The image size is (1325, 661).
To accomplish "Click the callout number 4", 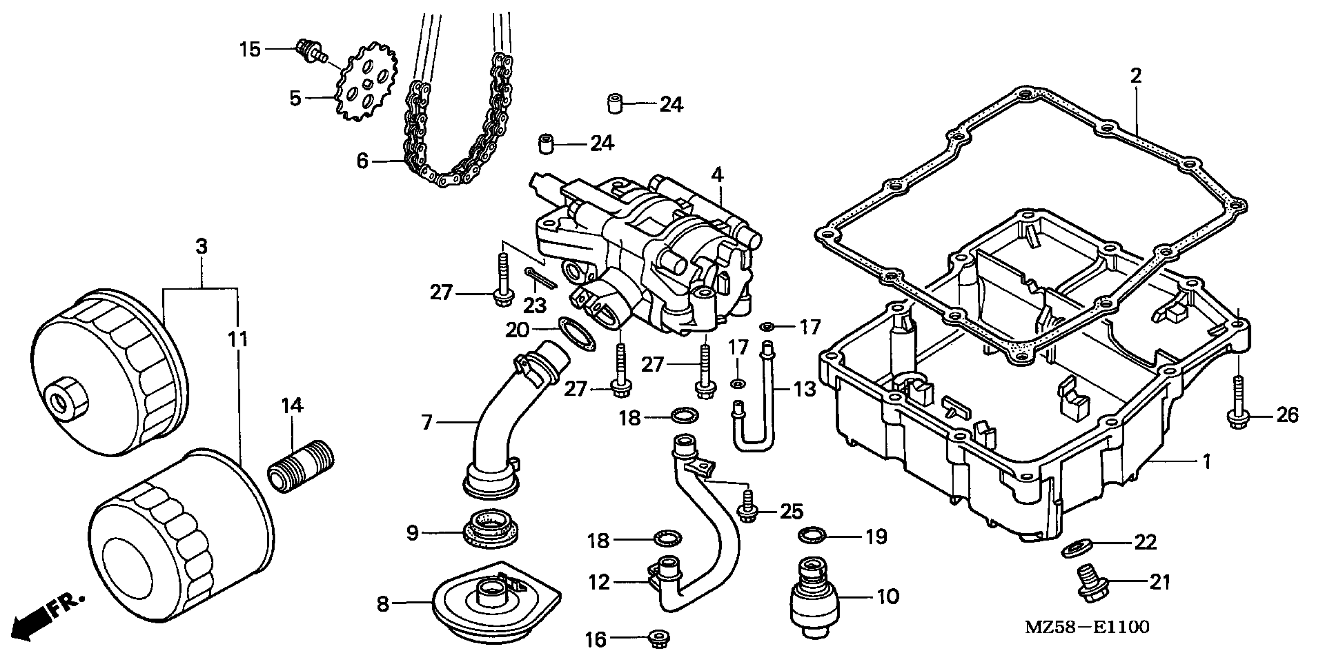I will (717, 175).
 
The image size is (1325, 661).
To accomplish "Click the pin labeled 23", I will (540, 278).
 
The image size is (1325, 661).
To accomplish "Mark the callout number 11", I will (238, 339).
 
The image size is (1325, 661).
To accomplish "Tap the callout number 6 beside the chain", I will (362, 161).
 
